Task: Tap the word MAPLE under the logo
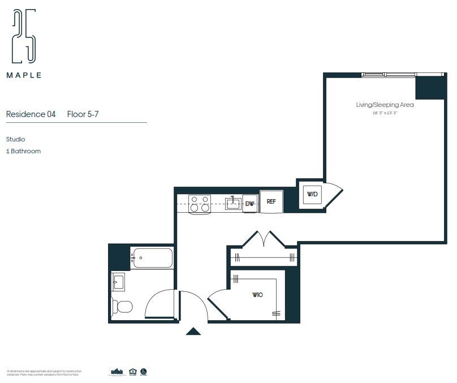click(24, 75)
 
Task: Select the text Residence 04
click(31, 114)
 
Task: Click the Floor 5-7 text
click(83, 114)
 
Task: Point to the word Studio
click(16, 139)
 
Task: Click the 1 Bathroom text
click(23, 151)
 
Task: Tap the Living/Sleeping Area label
click(385, 105)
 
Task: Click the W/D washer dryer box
click(312, 194)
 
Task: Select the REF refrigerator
click(271, 201)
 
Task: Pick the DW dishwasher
click(250, 203)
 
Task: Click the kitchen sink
click(232, 203)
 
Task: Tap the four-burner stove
click(199, 204)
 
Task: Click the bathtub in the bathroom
click(152, 258)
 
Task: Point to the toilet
click(122, 306)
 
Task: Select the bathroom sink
click(118, 281)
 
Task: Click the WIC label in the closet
click(257, 295)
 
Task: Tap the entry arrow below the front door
click(193, 332)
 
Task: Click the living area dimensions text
click(385, 113)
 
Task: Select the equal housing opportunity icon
click(133, 372)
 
